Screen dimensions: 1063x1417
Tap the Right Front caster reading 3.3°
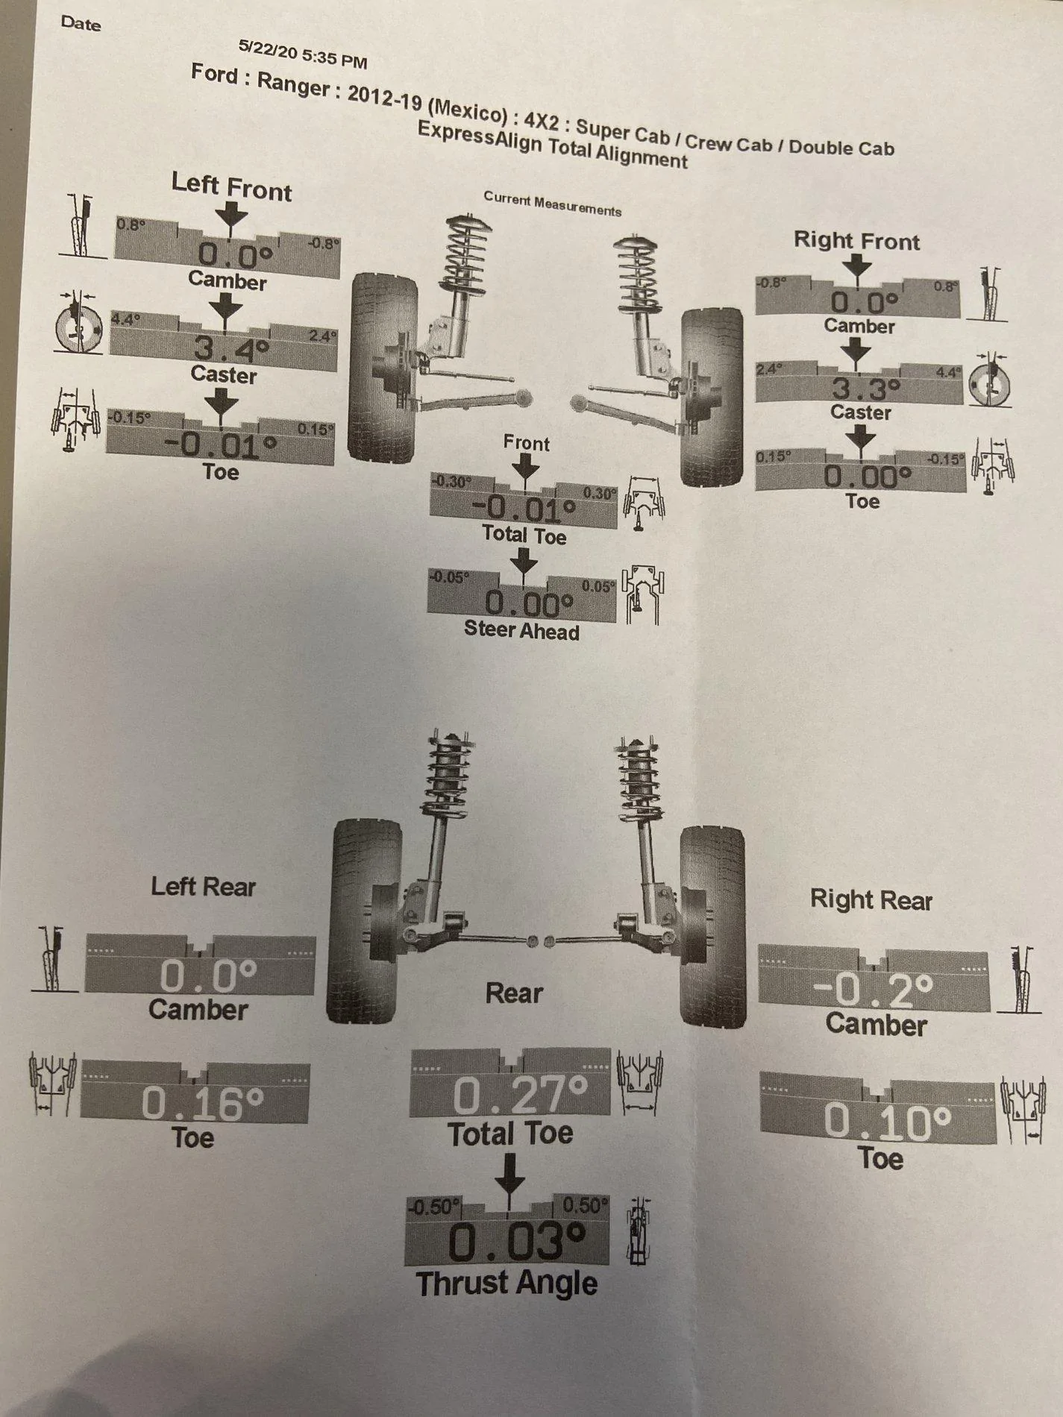pyautogui.click(x=866, y=389)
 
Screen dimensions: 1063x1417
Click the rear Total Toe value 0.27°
pyautogui.click(x=521, y=1094)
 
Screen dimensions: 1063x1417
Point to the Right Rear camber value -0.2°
pyautogui.click(x=873, y=990)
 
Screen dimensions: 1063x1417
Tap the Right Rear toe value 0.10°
pyautogui.click(x=888, y=1122)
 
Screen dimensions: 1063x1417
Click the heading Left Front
pyautogui.click(x=231, y=186)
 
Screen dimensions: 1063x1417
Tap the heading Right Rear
pyautogui.click(x=871, y=899)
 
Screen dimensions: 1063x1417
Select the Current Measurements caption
pyautogui.click(x=552, y=203)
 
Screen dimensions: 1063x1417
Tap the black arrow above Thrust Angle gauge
pyautogui.click(x=509, y=1174)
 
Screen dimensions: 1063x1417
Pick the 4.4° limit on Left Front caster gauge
pyautogui.click(x=122, y=319)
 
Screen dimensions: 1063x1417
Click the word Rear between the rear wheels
pyautogui.click(x=514, y=993)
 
